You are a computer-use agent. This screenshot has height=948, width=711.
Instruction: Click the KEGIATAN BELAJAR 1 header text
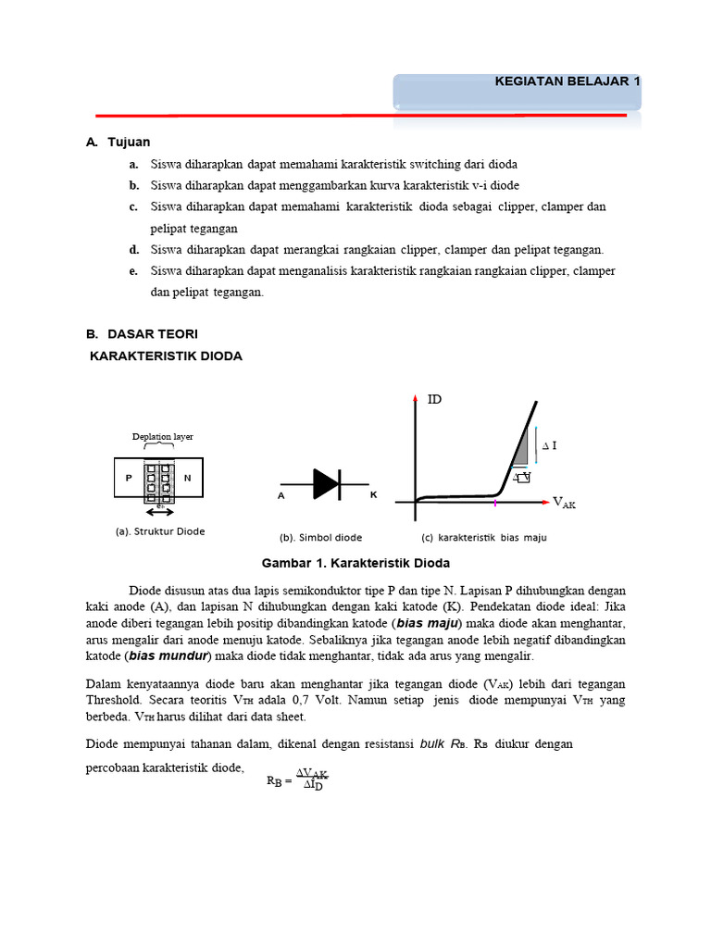568,81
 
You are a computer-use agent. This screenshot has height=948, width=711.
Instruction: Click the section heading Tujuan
128,142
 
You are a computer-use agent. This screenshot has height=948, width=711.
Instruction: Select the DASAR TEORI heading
152,333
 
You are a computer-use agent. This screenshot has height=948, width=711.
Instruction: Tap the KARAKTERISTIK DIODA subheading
166,355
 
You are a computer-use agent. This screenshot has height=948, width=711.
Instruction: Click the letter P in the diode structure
129,478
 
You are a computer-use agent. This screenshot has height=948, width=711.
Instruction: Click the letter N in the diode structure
187,478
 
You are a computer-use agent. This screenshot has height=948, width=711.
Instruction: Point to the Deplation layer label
163,436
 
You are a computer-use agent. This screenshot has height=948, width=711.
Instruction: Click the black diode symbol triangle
325,483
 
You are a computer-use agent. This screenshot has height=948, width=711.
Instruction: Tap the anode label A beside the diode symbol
281,496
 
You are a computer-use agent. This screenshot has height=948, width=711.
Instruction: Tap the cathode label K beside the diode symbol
373,495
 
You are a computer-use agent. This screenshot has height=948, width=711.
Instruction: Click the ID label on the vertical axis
434,400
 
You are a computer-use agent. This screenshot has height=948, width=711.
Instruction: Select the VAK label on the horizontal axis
564,503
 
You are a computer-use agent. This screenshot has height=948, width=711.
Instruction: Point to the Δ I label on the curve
549,446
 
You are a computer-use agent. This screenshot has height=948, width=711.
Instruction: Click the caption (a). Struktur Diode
159,531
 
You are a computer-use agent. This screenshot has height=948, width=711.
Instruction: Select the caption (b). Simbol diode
320,537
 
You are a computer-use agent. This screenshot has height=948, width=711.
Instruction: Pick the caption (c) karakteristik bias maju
484,537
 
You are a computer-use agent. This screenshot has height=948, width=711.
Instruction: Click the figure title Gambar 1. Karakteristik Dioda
355,563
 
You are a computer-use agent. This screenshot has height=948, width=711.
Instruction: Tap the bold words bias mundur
169,655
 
